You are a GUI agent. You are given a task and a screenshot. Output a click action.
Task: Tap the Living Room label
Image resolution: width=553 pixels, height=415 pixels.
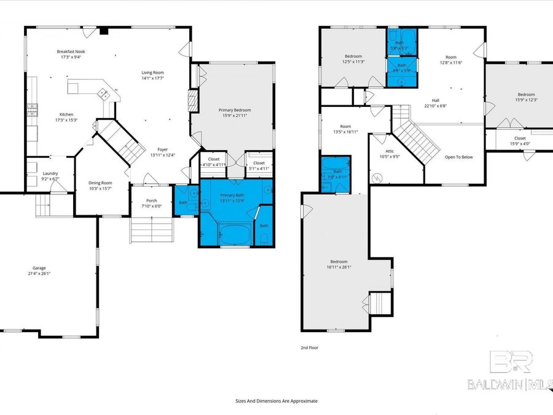click(153, 75)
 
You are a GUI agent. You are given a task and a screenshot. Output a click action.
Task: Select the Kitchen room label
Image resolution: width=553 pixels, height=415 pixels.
click(66, 117)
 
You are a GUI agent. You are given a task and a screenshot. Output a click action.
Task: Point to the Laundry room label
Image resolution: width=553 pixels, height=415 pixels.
click(50, 176)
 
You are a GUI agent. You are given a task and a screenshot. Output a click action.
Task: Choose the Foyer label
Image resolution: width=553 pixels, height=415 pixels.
click(162, 151)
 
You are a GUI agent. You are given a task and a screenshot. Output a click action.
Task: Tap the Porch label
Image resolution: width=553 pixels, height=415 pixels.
click(151, 203)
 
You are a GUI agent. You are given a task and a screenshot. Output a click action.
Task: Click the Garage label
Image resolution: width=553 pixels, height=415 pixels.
click(39, 271)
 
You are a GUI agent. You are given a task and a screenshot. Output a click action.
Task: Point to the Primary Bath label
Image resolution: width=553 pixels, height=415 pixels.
click(232, 197)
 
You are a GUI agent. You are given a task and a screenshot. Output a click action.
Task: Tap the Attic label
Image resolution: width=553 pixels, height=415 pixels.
click(389, 154)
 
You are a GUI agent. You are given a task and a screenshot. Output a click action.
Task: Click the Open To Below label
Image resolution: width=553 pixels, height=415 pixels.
click(458, 157)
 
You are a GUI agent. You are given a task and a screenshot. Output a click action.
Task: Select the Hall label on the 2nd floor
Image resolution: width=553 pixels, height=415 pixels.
click(435, 103)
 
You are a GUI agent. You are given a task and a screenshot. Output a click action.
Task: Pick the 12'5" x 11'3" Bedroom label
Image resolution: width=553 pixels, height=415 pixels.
click(353, 59)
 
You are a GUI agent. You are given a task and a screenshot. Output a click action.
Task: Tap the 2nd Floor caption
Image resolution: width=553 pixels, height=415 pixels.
click(309, 347)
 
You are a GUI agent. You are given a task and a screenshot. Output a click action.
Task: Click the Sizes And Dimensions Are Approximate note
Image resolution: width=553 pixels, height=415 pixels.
click(276, 400)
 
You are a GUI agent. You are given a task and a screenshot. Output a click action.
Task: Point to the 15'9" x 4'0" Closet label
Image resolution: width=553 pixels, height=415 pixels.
click(520, 141)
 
